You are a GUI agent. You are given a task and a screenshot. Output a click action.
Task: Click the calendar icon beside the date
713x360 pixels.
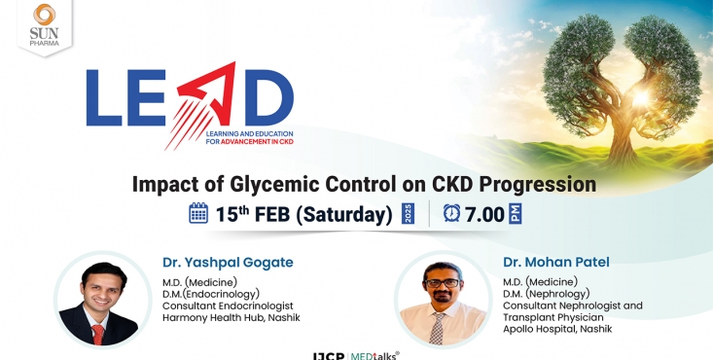pyautogui.click(x=198, y=213)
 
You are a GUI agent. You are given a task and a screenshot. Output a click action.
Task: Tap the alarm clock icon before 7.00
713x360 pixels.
pyautogui.click(x=451, y=213)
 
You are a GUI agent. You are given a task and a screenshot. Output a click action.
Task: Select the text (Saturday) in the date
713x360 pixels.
pyautogui.click(x=342, y=214)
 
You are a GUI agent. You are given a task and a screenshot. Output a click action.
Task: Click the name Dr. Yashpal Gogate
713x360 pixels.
pyautogui.click(x=228, y=262)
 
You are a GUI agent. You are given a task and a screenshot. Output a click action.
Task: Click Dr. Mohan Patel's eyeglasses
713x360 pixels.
pyautogui.click(x=441, y=283)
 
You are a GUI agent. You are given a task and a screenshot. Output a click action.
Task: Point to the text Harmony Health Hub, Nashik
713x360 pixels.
pyautogui.click(x=231, y=318)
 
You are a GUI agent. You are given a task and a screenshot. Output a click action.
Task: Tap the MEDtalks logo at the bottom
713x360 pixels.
pyautogui.click(x=374, y=355)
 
